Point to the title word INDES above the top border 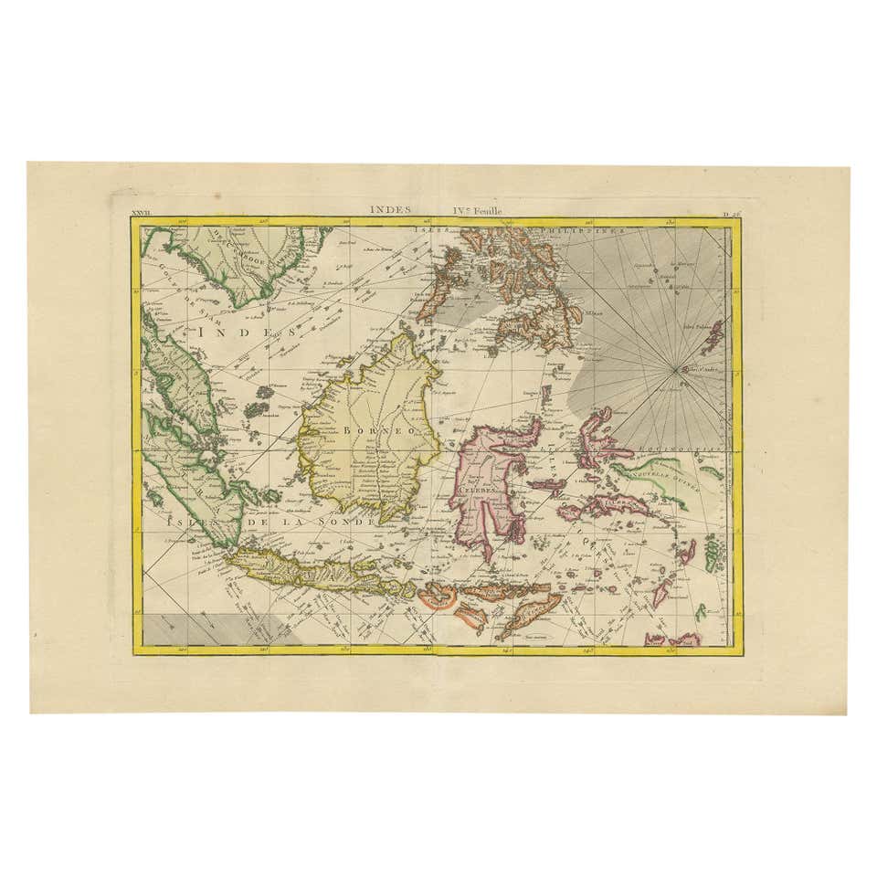[390, 208]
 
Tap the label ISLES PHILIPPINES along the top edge [521, 230]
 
